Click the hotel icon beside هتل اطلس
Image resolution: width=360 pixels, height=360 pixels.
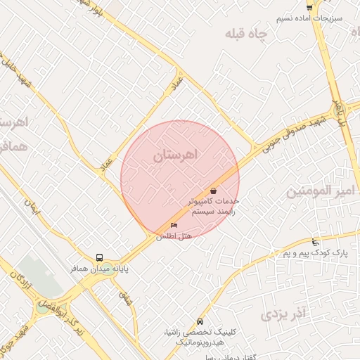[x=174, y=226]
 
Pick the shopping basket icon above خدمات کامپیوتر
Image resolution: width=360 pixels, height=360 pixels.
[x=213, y=191]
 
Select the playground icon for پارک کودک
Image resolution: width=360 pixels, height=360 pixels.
[x=315, y=242]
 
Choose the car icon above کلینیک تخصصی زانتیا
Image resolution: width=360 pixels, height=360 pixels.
[x=201, y=321]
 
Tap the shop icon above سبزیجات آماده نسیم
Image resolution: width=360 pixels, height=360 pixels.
[x=309, y=8]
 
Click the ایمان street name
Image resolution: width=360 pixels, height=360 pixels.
[x=30, y=206]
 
